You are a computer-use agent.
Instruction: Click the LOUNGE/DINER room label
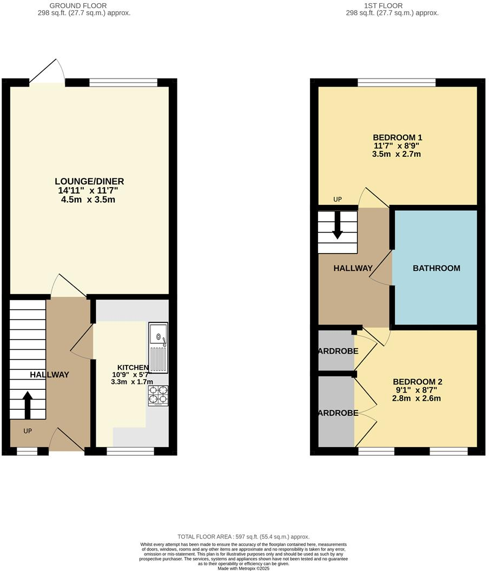(92, 181)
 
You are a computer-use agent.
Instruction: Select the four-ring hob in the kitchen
(158, 396)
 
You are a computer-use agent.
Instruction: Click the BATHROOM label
(436, 268)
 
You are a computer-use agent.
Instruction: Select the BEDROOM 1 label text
(397, 137)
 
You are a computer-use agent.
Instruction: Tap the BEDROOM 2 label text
(417, 381)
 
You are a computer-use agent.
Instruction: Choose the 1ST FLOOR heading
(392, 5)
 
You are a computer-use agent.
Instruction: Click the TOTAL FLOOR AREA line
(243, 536)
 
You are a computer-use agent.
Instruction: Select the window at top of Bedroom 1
(397, 82)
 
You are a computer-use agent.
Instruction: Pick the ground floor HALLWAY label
(49, 374)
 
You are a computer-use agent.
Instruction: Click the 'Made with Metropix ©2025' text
(243, 568)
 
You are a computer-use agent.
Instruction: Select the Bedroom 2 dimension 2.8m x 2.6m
(417, 399)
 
